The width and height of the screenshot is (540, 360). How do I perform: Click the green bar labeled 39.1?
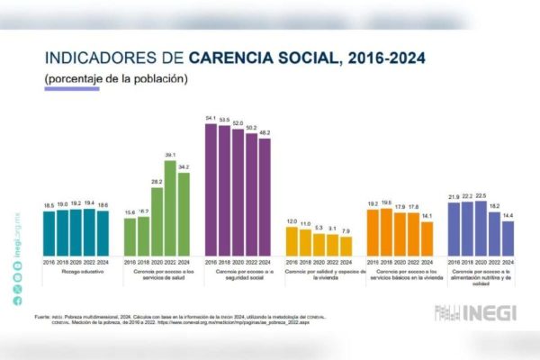[170, 208]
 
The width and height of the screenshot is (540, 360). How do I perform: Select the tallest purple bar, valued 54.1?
[211, 190]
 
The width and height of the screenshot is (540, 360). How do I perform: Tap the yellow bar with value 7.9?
[346, 246]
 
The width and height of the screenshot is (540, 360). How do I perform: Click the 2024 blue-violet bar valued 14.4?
[508, 238]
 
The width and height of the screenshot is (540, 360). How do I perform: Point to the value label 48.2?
[265, 133]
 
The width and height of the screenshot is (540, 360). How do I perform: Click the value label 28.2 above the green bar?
[157, 182]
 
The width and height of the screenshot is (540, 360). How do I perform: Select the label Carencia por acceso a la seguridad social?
[238, 274]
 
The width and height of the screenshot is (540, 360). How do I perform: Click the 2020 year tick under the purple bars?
[238, 261]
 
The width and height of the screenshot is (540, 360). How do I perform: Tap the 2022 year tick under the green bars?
[170, 261]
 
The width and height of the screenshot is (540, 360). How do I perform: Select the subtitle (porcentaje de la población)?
[116, 78]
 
